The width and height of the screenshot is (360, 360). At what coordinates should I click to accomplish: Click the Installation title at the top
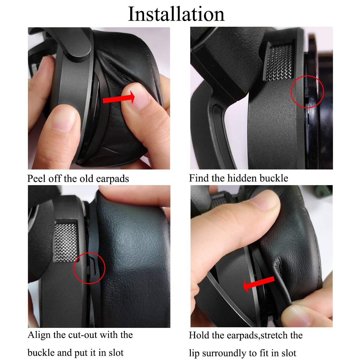(176, 14)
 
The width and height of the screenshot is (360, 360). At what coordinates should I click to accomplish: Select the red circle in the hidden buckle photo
(307, 92)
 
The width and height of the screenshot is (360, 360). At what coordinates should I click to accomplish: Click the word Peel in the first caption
(37, 178)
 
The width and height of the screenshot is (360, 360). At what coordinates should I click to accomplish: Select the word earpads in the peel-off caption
(112, 179)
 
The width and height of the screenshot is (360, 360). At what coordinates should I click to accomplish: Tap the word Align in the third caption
(39, 335)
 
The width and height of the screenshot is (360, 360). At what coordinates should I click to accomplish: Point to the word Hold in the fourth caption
(198, 335)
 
